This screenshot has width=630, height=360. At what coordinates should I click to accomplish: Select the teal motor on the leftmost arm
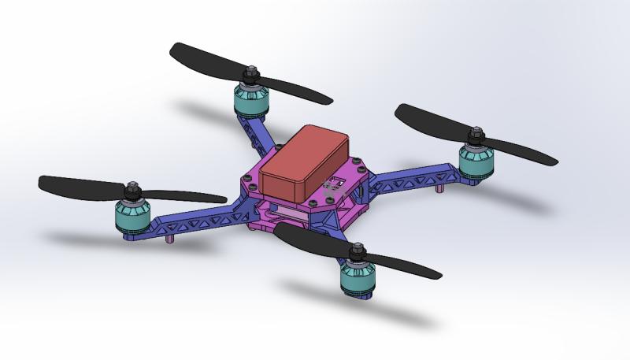tap(131, 216)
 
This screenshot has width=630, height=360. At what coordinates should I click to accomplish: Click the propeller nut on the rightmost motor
tap(476, 139)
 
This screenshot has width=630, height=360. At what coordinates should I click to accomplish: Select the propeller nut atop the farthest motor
tap(252, 76)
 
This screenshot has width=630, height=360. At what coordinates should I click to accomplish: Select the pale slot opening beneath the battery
tap(288, 213)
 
